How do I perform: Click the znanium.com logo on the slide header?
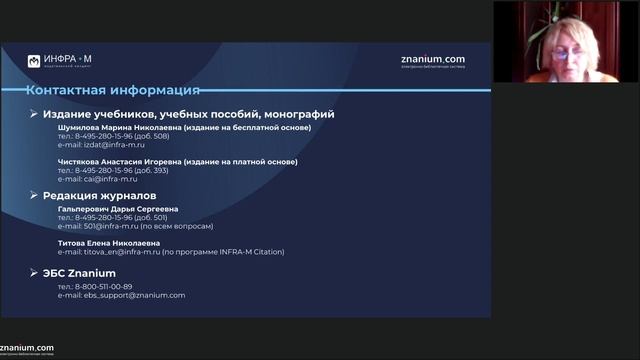432,60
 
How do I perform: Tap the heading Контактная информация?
113,90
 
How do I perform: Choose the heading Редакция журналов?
100,196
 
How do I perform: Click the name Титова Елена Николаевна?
109,243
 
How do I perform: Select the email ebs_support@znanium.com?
134,295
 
